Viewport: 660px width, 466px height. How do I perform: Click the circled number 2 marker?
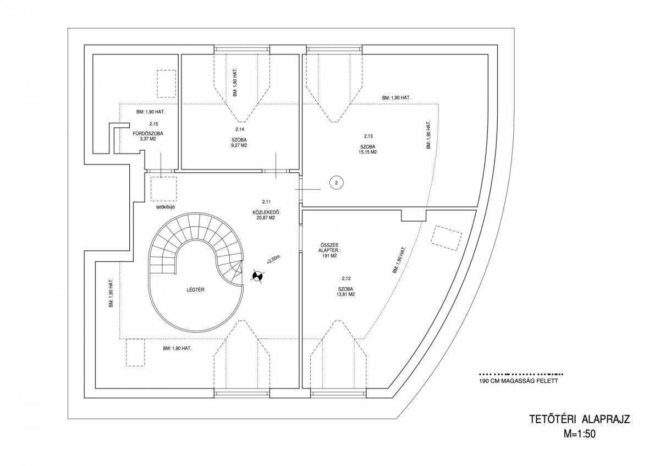point(337,183)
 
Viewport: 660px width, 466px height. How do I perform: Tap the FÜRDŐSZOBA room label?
point(148,134)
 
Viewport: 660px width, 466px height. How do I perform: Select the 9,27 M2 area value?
point(239,145)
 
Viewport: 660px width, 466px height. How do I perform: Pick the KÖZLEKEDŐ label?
point(266,212)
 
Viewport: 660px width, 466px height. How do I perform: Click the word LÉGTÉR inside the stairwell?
point(195,290)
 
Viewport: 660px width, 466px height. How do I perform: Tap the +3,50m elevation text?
point(273,260)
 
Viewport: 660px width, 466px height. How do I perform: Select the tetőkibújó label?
point(166,207)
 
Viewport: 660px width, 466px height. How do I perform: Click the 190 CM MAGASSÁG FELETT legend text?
point(519,381)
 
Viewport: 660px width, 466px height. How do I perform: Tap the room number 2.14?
point(240,129)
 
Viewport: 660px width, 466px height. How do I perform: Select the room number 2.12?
point(346,278)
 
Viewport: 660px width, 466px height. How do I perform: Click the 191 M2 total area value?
point(329,256)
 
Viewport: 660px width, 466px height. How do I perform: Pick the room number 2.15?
point(153,124)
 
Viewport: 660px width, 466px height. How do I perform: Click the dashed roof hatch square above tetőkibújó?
point(163,189)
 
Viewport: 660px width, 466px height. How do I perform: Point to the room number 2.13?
point(369,136)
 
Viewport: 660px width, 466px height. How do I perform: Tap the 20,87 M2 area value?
point(266,217)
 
